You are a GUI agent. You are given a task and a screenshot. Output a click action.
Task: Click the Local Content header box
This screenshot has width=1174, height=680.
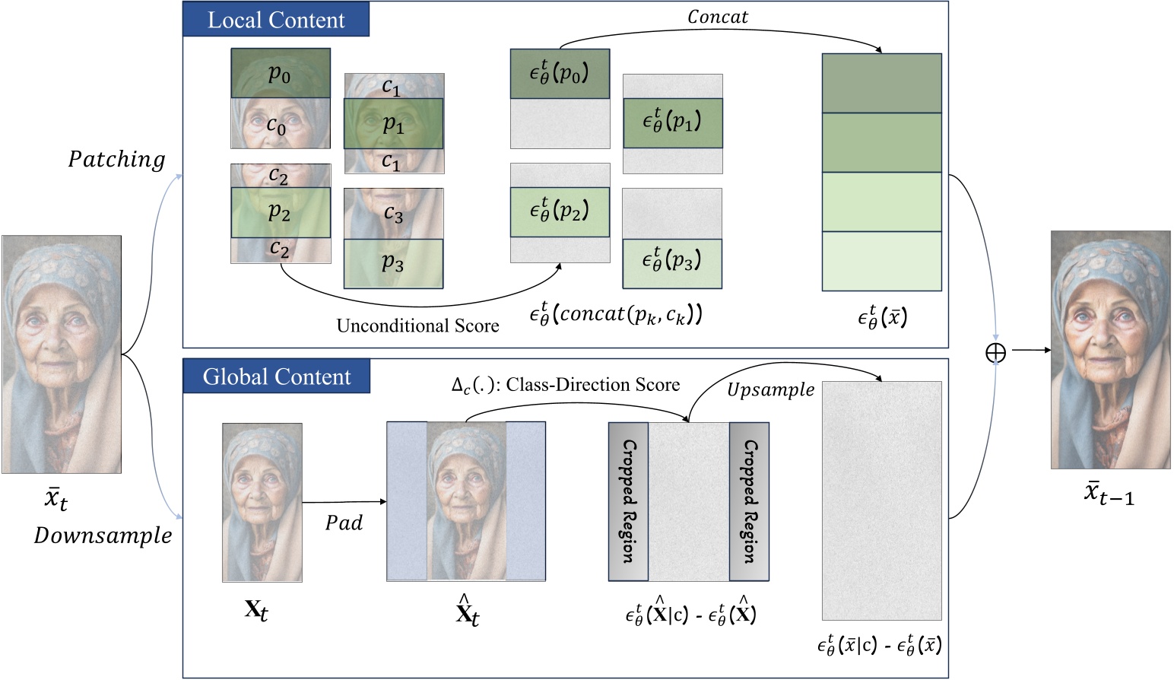tap(275, 20)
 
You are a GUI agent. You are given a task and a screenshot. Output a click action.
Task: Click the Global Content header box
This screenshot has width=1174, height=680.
tap(276, 377)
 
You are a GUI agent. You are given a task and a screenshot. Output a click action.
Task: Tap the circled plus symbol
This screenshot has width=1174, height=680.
tap(995, 352)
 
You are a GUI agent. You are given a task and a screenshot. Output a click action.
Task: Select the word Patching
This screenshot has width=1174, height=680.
tap(116, 160)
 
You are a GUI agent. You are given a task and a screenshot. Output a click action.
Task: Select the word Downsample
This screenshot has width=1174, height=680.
tap(103, 535)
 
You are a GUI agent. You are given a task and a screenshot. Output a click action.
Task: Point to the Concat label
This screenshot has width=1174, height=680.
tap(717, 17)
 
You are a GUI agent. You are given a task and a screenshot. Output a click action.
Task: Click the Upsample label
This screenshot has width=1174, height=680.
tap(769, 390)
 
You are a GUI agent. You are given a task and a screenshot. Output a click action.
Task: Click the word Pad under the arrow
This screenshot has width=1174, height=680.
tap(344, 523)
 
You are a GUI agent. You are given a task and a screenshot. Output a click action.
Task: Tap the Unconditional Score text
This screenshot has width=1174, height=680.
tap(417, 326)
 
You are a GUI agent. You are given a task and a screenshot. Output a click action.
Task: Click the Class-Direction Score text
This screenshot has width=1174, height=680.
tap(565, 385)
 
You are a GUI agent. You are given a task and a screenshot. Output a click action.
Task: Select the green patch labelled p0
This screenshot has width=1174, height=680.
tap(280, 73)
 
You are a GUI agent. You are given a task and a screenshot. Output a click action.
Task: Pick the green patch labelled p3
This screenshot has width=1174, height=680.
tap(393, 263)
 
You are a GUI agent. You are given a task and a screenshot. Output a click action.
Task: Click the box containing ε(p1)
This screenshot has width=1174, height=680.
tap(672, 122)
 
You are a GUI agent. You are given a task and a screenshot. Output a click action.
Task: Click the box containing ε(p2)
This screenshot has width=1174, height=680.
tap(560, 211)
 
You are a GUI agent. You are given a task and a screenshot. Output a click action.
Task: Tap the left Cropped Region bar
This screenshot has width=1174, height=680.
tap(628, 502)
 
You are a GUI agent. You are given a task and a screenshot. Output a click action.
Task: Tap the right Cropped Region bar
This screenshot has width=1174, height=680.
tap(749, 502)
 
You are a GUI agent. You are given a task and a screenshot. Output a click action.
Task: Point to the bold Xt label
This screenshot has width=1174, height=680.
tap(256, 610)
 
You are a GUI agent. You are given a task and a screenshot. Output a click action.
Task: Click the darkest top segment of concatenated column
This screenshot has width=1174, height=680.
tap(881, 83)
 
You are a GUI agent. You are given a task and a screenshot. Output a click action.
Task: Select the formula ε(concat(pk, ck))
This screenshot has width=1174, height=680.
tap(616, 314)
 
